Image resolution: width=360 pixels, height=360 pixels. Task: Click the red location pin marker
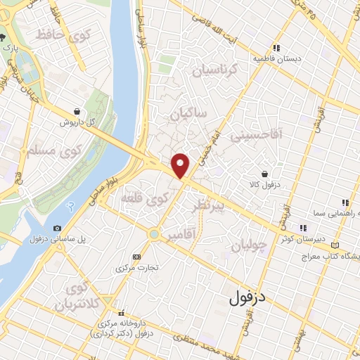(x=181, y=165)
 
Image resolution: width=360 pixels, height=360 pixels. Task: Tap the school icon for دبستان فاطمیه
(x=277, y=49)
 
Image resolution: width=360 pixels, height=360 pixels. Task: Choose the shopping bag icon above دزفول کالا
(x=264, y=174)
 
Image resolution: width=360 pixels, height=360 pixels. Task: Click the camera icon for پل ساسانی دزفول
(x=56, y=229)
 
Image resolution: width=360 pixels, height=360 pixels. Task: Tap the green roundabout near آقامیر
(x=153, y=235)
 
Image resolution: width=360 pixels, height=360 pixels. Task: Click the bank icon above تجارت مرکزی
(x=136, y=257)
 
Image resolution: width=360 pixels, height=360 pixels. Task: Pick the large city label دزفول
(x=247, y=296)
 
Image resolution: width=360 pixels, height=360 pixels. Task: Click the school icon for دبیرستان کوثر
(x=304, y=228)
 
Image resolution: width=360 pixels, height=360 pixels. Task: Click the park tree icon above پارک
(x=4, y=36)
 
